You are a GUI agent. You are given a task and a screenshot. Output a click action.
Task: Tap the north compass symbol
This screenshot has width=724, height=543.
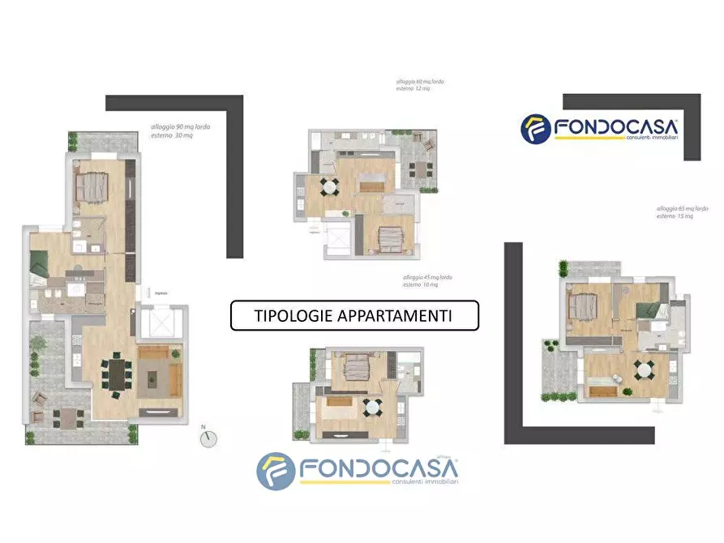coord(209,438)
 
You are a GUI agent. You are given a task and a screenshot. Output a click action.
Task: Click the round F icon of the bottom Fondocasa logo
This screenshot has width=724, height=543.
coord(276,472)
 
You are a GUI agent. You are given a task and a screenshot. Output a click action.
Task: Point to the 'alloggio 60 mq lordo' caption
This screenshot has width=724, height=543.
coord(420,83)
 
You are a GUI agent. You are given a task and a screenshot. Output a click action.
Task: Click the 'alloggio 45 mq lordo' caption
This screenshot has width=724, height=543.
coord(428,278)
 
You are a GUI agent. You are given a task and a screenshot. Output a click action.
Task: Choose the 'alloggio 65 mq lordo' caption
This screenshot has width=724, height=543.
coord(688,209)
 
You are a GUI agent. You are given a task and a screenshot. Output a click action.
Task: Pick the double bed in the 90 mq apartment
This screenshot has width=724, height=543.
coord(91,187)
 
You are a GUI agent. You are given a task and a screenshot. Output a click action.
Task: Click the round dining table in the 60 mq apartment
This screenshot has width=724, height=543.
coord(329,188)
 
